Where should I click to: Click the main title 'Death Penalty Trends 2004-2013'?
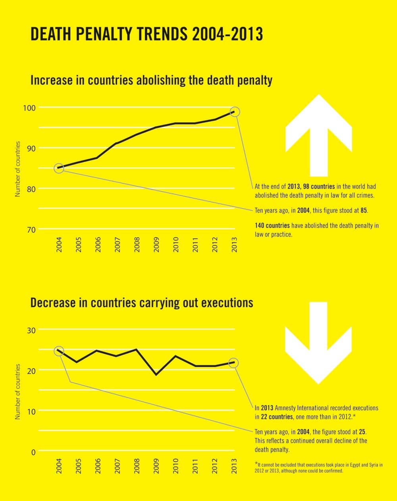(x=146, y=34)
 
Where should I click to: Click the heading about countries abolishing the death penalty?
(x=151, y=81)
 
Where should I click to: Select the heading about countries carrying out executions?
(x=142, y=303)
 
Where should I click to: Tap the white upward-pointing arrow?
(x=318, y=135)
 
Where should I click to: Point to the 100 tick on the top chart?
(x=32, y=108)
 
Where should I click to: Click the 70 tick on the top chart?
(x=32, y=230)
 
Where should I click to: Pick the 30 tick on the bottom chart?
(x=32, y=330)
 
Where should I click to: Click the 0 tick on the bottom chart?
(x=34, y=452)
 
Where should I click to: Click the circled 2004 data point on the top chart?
(x=59, y=168)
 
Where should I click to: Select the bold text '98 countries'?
(x=319, y=186)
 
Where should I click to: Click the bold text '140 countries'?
(x=272, y=226)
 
